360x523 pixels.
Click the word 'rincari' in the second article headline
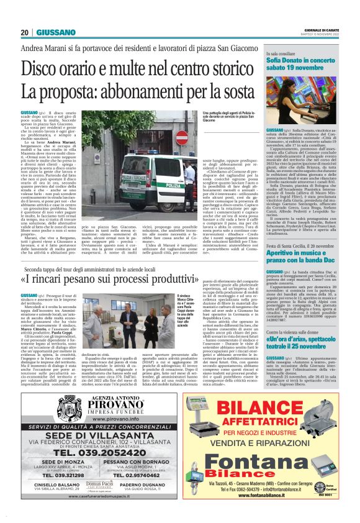click(64, 278)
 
